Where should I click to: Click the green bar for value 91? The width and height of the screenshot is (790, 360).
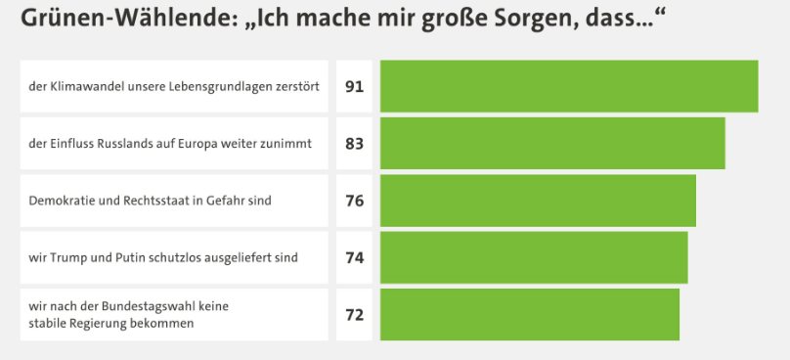coord(569,86)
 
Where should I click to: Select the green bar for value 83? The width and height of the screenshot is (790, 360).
coord(552,143)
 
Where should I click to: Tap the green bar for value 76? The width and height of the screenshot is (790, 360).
coord(538,201)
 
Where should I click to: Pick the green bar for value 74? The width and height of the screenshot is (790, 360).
coord(534,257)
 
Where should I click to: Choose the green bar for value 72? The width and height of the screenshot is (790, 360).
coord(530,315)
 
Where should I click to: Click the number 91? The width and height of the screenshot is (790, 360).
coord(354,87)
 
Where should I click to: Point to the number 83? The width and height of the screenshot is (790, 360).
coord(354,144)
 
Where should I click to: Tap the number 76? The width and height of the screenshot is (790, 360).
coord(354,201)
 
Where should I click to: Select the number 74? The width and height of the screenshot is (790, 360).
coord(354,257)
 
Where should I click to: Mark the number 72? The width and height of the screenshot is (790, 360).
coord(354,315)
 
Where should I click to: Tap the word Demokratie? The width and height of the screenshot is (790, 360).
coord(55,201)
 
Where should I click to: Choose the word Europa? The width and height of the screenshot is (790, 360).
coord(197,144)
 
